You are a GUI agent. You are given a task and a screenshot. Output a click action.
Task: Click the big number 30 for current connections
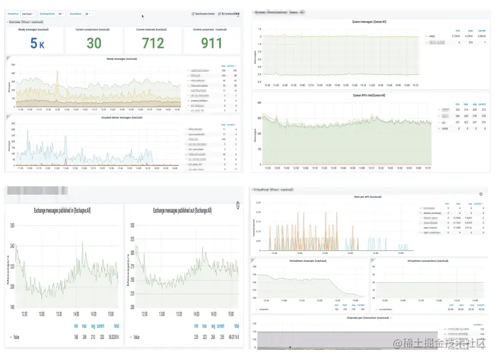(94, 43)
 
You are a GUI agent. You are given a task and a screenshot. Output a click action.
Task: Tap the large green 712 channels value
(153, 43)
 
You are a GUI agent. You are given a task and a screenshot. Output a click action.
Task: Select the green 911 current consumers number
(212, 43)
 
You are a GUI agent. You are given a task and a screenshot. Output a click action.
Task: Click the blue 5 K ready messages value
(37, 44)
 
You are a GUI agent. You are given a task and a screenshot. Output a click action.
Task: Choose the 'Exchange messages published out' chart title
(182, 210)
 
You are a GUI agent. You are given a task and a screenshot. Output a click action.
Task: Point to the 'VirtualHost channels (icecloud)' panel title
(308, 261)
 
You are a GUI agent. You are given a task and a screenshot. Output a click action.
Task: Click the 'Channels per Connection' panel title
(368, 317)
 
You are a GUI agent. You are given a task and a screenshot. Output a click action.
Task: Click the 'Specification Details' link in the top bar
(203, 13)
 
